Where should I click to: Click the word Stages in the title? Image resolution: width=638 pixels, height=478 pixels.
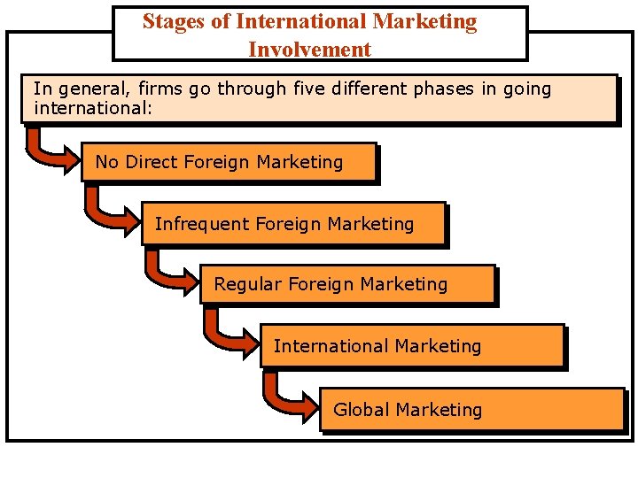pos(174,21)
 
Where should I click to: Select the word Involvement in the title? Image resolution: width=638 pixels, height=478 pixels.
pos(309,50)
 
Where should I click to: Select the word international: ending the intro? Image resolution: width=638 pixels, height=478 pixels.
pos(93,109)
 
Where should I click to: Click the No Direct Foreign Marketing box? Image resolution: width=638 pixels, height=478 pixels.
pos(229,162)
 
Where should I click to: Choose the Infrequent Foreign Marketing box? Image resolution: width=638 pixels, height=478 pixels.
pos(292,224)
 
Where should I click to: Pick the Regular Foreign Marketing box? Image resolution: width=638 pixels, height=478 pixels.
pos(347,285)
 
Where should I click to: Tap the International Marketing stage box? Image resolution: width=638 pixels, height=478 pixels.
pos(412,346)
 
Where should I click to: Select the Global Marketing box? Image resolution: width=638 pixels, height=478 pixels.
pos(471,410)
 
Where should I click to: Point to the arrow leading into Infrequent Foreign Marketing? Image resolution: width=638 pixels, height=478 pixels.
pos(113,211)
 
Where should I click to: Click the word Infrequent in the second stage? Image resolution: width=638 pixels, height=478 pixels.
pos(202,224)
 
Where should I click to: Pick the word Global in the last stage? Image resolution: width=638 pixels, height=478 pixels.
pos(362,410)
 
